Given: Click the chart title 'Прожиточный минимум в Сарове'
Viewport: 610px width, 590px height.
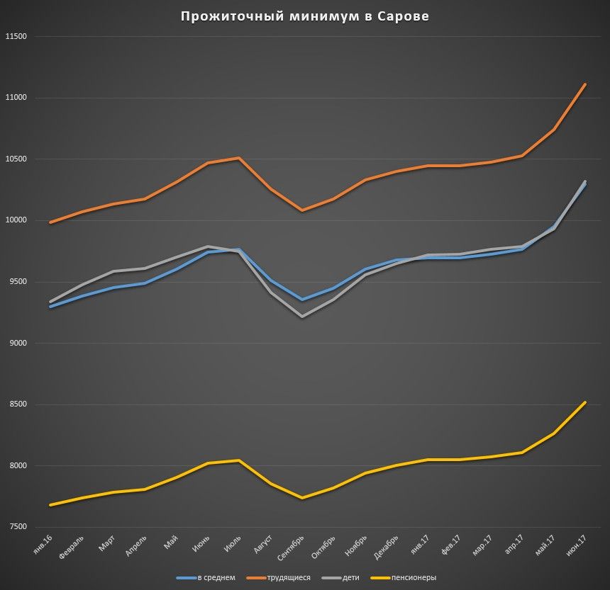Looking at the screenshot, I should (304, 16).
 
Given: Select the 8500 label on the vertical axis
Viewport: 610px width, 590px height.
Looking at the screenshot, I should (17, 404).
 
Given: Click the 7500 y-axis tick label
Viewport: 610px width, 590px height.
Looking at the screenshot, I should (17, 527).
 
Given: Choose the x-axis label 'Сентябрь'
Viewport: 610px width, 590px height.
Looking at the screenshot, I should (292, 548).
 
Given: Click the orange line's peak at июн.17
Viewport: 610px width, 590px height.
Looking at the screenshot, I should (585, 84).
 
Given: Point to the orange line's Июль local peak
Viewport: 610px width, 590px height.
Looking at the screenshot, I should (239, 158).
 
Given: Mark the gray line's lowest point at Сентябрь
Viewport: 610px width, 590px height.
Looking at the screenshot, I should (302, 317).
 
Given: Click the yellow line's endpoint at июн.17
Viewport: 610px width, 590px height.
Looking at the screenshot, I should (585, 402).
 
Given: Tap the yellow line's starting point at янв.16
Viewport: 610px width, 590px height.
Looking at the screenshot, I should (50, 505).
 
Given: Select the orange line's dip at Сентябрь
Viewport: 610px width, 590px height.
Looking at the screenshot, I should (302, 210).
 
